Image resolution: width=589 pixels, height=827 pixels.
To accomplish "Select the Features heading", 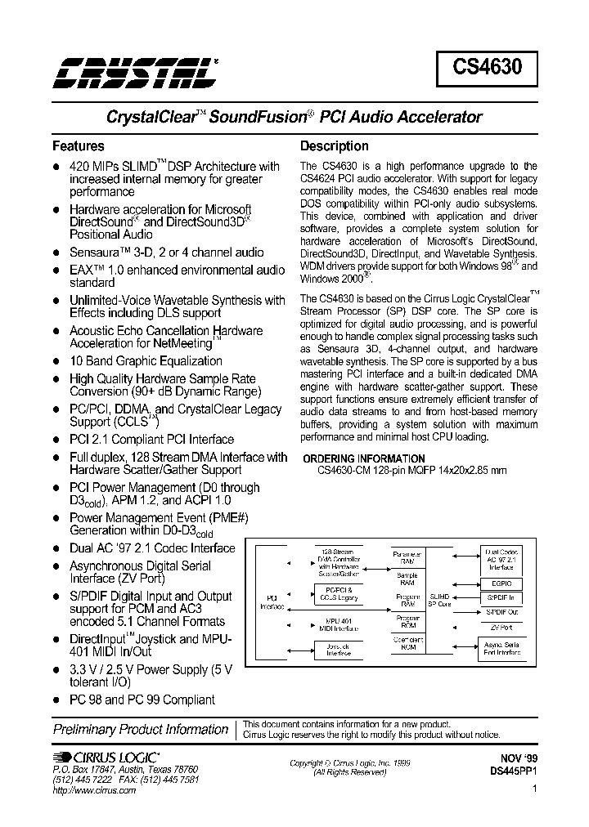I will (x=79, y=146).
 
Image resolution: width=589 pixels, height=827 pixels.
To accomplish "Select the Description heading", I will (x=335, y=146).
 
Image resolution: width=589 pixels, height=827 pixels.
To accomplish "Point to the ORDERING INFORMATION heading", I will (x=363, y=458).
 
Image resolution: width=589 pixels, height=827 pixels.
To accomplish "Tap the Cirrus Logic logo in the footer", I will (x=106, y=758).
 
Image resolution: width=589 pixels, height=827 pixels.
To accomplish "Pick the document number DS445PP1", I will (x=513, y=771).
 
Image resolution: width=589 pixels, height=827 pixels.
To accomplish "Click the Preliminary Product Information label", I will (x=141, y=729).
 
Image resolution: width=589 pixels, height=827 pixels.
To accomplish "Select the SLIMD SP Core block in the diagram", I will (x=439, y=600).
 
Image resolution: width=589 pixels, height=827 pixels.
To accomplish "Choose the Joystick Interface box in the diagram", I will (x=339, y=649).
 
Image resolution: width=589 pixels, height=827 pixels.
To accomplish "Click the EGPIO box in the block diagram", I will (x=502, y=583).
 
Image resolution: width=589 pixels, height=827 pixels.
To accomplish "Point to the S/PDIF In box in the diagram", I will (x=502, y=598).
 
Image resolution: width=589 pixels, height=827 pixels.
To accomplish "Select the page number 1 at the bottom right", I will (x=533, y=789).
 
